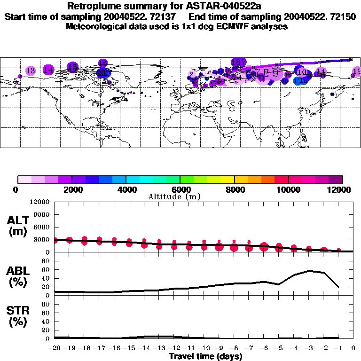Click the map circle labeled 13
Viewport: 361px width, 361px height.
[x=31, y=71]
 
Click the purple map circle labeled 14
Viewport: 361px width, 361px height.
[x=48, y=70]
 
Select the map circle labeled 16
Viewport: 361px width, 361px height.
[x=103, y=63]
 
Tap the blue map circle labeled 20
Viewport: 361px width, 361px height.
[x=103, y=73]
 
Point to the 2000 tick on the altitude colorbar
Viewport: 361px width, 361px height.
[x=72, y=180]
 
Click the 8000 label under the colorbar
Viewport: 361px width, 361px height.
[x=235, y=189]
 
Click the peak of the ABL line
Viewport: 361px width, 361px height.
[x=309, y=271]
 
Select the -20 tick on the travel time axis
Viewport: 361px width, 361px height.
[x=55, y=348]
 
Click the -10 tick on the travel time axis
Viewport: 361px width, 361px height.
[x=204, y=348]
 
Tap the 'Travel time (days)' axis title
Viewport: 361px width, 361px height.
[x=205, y=356]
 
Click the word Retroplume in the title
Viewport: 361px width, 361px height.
[x=94, y=6]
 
